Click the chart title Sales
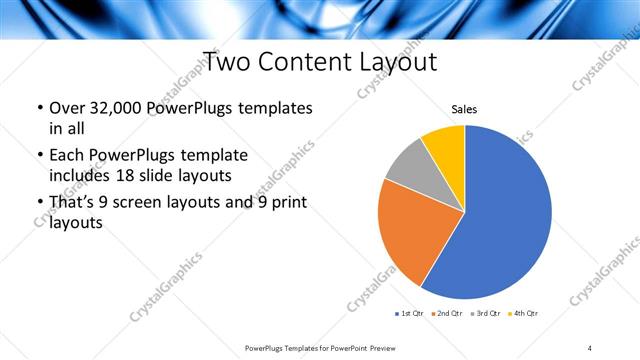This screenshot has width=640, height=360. (464, 109)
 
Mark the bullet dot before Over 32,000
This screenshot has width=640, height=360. (38, 108)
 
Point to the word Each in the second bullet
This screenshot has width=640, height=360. (66, 156)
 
